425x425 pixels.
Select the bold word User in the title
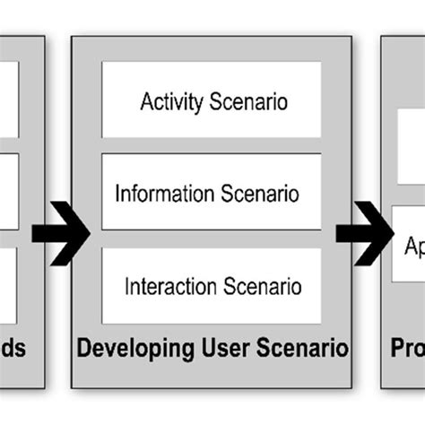click(204, 347)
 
